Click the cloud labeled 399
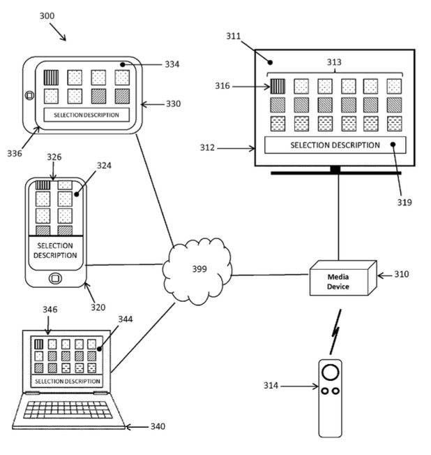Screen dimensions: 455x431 coord(197,268)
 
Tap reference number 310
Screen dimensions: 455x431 coord(402,275)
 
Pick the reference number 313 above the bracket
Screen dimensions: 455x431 coord(335,61)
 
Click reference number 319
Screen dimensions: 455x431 coord(405,203)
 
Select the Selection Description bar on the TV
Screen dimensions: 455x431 coord(335,145)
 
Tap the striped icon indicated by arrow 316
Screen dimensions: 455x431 coord(278,86)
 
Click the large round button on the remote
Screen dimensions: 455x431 coord(331,370)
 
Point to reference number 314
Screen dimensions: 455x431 coord(273,385)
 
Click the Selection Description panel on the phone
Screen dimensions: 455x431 coord(55,251)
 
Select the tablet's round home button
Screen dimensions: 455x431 coord(29,95)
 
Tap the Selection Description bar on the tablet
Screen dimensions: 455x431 coord(86,115)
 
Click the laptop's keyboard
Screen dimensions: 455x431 coord(68,408)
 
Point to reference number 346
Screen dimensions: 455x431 coord(50,309)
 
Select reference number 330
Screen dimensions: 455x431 coord(172,103)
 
